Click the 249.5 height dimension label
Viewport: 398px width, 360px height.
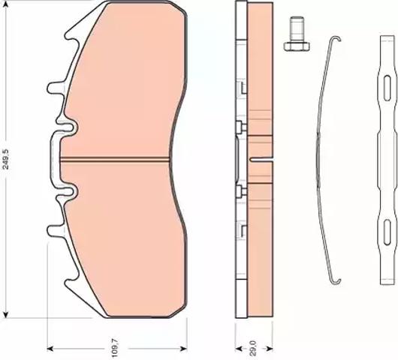[5, 159]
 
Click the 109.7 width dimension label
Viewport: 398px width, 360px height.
[115, 349]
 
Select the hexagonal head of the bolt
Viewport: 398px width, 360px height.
[297, 46]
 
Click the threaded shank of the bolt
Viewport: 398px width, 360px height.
[297, 29]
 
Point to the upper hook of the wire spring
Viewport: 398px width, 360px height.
[336, 38]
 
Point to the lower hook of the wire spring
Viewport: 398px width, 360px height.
[335, 281]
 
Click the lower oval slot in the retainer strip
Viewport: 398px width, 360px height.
[387, 232]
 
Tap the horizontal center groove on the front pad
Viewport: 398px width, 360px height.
[115, 159]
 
